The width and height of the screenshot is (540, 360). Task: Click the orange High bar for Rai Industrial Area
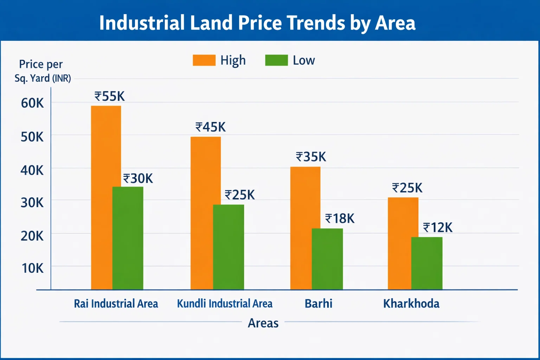(102, 197)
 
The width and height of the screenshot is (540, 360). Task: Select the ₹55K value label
(109, 96)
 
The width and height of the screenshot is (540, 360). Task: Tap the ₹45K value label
(211, 127)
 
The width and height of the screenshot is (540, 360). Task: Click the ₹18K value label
(340, 219)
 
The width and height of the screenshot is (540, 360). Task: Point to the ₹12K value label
(438, 228)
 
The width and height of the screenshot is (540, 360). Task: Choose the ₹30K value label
(138, 179)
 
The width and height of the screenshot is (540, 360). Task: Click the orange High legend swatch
(204, 60)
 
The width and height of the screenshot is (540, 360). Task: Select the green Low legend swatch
(276, 60)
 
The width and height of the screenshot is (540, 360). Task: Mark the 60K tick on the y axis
(32, 103)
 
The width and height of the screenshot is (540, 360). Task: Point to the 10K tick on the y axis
(33, 268)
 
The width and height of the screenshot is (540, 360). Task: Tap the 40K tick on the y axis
(32, 171)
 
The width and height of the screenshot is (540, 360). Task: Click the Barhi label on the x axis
(319, 303)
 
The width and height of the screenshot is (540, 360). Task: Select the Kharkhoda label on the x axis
(411, 303)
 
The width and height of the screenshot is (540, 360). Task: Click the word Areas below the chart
(263, 323)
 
